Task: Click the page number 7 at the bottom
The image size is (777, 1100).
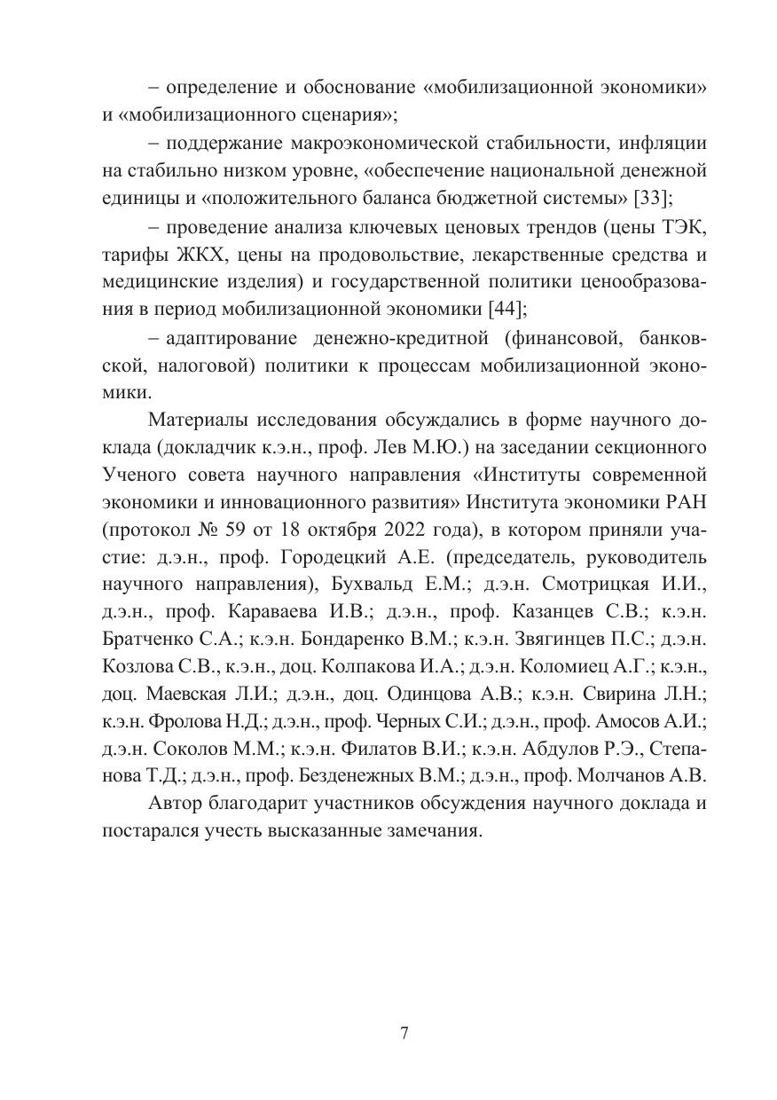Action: pyautogui.click(x=404, y=1033)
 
